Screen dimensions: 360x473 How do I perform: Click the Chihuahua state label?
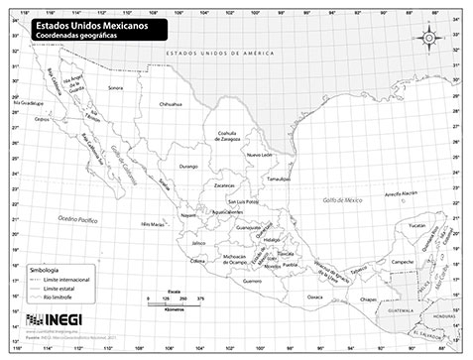click(171, 102)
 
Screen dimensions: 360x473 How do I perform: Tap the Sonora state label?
click(115, 87)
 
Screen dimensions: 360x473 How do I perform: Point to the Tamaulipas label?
click(278, 179)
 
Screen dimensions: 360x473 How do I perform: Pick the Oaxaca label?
click(315, 296)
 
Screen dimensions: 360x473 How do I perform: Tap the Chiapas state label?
click(368, 298)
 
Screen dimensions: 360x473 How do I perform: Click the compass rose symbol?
click(430, 38)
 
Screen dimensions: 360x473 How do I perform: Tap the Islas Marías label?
click(152, 224)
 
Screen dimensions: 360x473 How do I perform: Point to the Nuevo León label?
click(259, 156)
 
